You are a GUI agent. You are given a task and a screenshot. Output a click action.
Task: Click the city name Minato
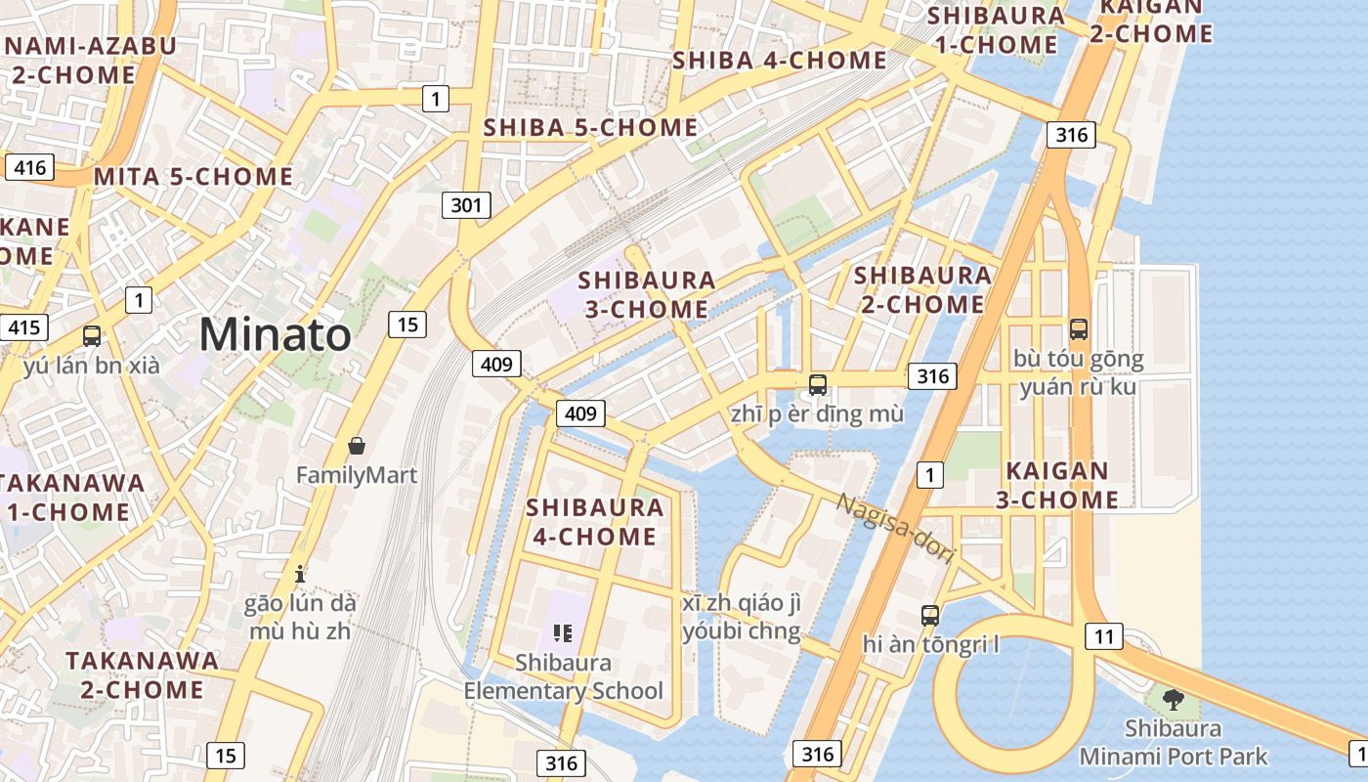coord(275,335)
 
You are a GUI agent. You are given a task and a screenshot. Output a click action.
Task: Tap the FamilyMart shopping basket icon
coord(357,446)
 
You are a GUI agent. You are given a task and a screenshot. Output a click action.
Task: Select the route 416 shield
coord(30,167)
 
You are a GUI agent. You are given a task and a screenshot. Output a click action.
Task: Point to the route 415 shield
coord(23,326)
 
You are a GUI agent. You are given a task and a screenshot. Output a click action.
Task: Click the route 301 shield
coord(466,205)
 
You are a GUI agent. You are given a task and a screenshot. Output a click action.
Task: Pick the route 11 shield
coord(1104,637)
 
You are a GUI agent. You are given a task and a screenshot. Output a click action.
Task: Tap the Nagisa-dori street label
coord(895,529)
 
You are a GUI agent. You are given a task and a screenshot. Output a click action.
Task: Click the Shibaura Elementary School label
coord(563,676)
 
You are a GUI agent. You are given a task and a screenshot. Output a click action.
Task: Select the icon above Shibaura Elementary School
coord(562,633)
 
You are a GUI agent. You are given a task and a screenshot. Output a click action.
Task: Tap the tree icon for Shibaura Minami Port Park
coord(1173,700)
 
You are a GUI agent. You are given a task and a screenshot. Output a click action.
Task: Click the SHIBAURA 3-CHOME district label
coord(647,294)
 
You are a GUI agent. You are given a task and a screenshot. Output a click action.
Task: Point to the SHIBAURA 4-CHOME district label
coord(594,522)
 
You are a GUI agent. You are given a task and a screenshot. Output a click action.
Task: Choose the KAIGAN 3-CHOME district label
coord(1057,485)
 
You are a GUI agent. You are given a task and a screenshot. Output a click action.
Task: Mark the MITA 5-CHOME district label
coord(193,177)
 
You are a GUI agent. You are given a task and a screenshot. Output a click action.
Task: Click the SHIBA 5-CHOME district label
coord(590,127)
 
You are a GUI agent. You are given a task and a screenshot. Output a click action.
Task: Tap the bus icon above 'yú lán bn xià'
coord(92,336)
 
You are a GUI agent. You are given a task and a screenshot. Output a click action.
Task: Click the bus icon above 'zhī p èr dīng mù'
coord(818,385)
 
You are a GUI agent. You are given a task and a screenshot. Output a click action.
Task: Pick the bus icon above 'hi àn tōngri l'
coord(930,616)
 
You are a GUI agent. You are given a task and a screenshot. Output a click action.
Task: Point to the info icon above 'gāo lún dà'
coord(300,574)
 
